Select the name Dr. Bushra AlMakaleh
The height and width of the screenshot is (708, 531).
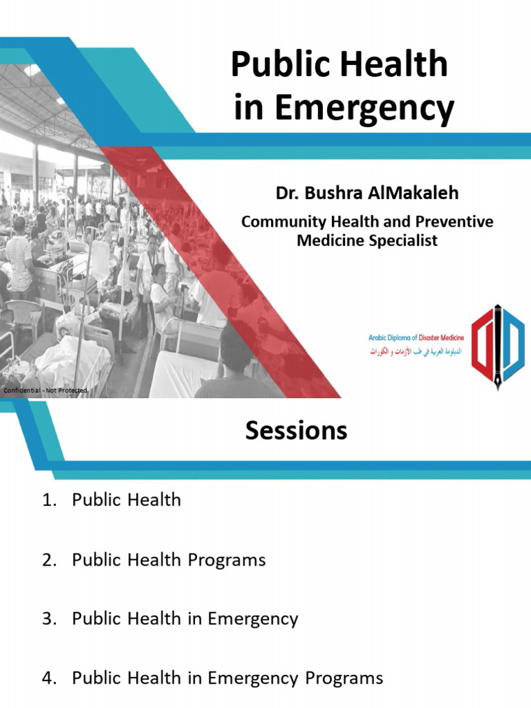point(367,193)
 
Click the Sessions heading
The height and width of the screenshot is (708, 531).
point(296,431)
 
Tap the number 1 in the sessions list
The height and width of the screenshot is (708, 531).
point(46,500)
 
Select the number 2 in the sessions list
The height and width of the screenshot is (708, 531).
point(46,559)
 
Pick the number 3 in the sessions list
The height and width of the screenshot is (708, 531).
point(46,619)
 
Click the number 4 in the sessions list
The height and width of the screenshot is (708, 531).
point(46,678)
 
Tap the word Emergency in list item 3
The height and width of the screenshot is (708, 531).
point(255,619)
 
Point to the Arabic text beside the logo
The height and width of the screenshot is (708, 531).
point(416,351)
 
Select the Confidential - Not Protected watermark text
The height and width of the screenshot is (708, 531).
point(46,391)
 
